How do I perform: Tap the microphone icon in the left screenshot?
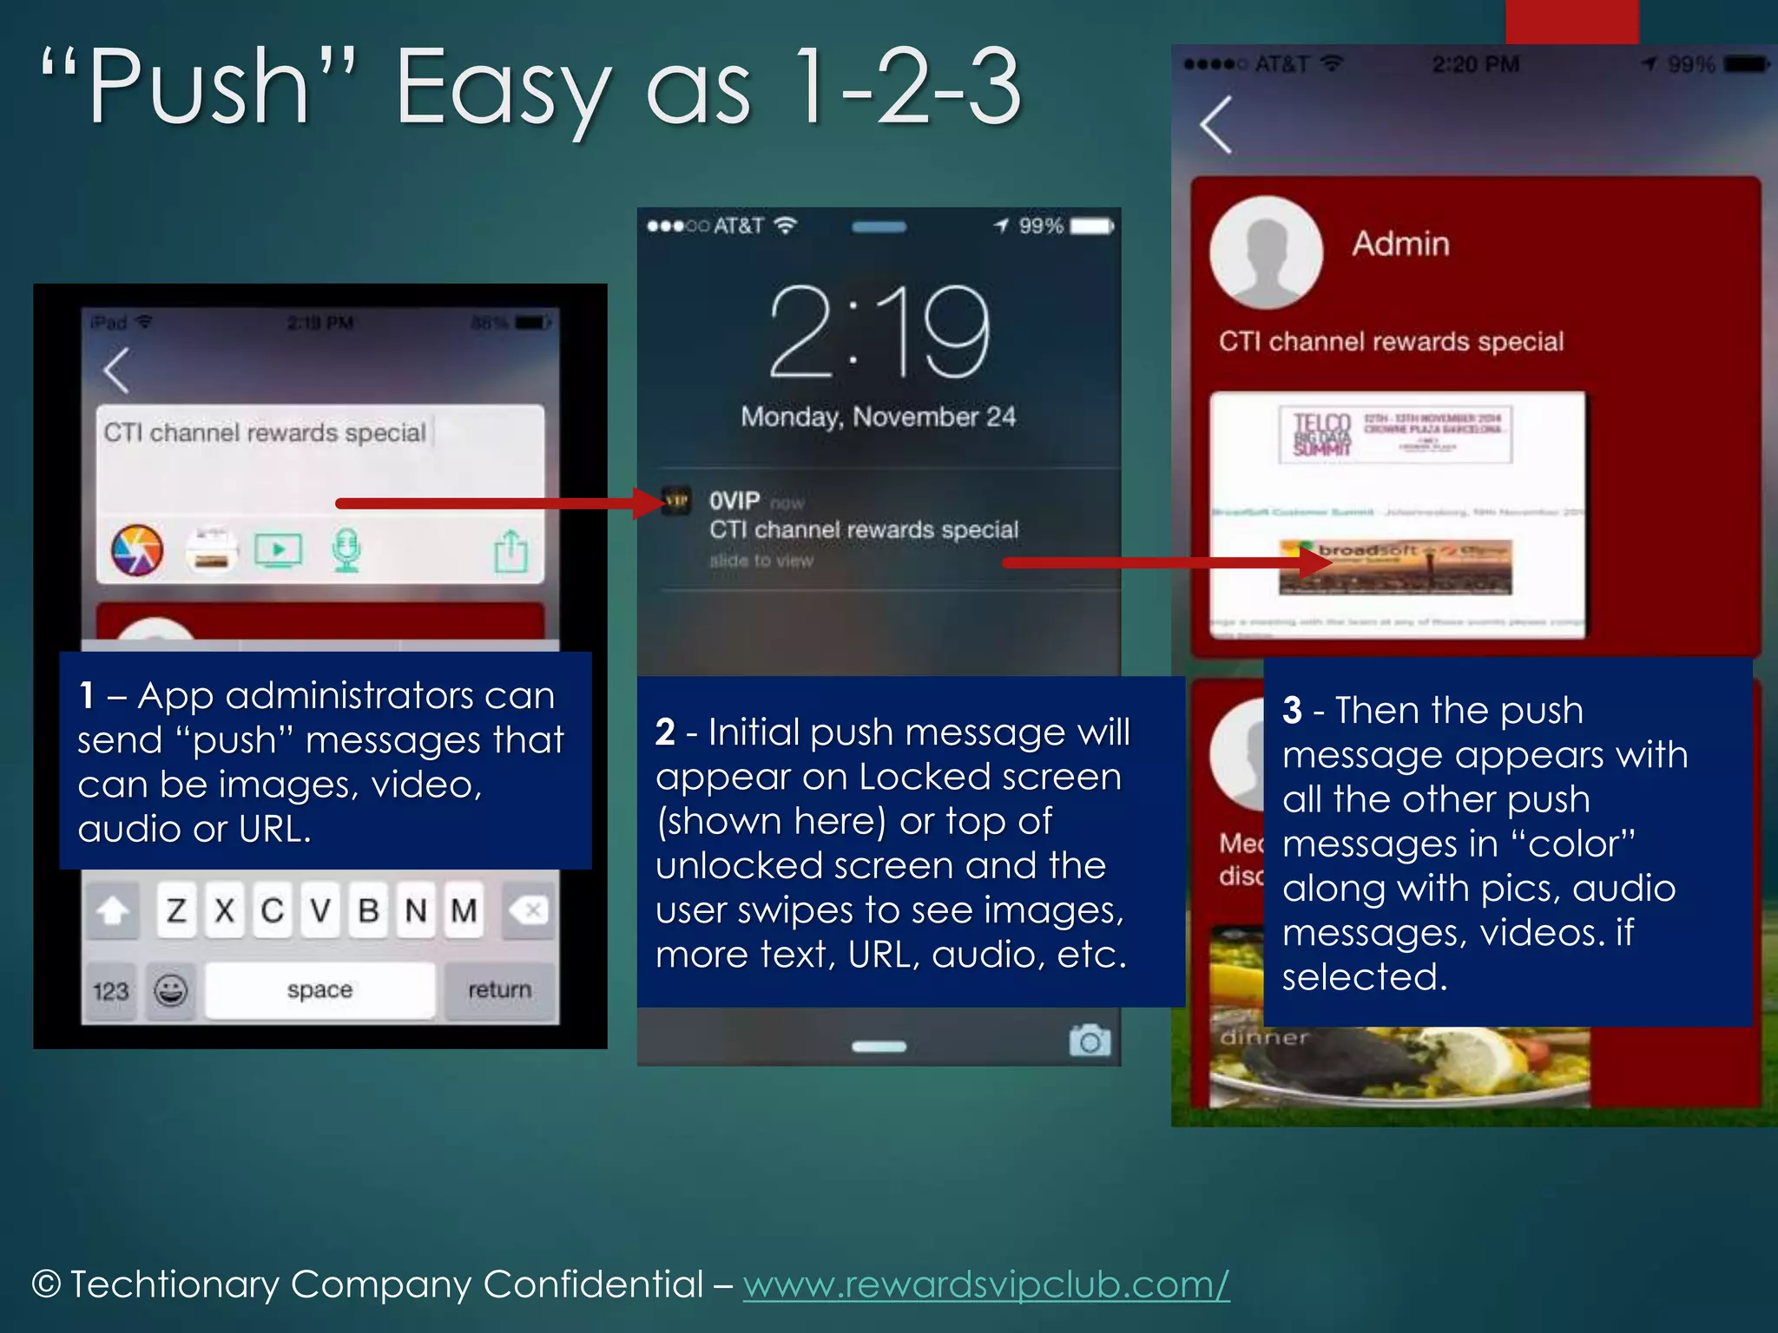(x=346, y=550)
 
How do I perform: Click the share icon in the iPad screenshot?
(x=510, y=551)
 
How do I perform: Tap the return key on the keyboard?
(x=499, y=990)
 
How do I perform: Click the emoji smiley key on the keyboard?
(x=170, y=990)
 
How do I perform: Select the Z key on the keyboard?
(x=177, y=910)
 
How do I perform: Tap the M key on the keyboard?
(x=464, y=910)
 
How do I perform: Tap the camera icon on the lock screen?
(x=1090, y=1041)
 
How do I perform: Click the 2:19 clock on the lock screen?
(x=879, y=332)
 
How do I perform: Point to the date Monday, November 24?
(x=878, y=417)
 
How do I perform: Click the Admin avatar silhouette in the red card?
(x=1266, y=253)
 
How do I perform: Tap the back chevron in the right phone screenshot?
(x=1216, y=125)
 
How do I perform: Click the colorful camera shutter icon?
(x=137, y=550)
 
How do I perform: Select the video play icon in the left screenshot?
(x=278, y=550)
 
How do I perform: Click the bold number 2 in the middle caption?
(x=665, y=732)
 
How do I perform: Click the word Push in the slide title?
(x=199, y=87)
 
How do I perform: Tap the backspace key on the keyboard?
(x=528, y=910)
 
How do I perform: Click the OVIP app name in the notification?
(x=734, y=501)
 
